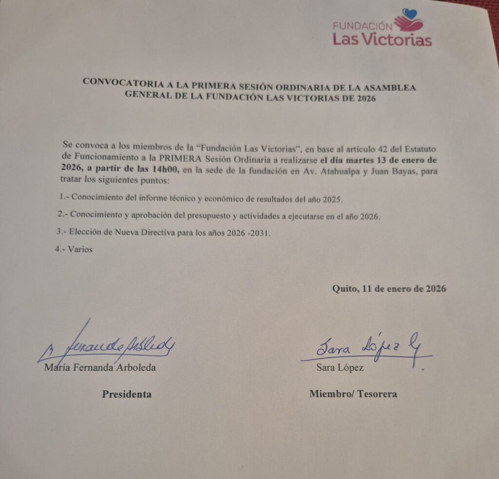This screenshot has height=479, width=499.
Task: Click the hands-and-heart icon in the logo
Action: pyautogui.click(x=409, y=20)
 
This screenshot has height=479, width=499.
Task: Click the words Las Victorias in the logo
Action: pyautogui.click(x=382, y=39)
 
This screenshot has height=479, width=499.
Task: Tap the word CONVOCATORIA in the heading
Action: pyautogui.click(x=119, y=81)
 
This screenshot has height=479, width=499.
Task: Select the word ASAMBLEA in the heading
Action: pyautogui.click(x=393, y=88)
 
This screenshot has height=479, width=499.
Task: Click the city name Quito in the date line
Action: pyautogui.click(x=343, y=288)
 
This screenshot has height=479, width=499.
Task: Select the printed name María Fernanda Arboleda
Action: pyautogui.click(x=100, y=368)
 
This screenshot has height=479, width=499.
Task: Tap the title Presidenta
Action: pyautogui.click(x=126, y=394)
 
